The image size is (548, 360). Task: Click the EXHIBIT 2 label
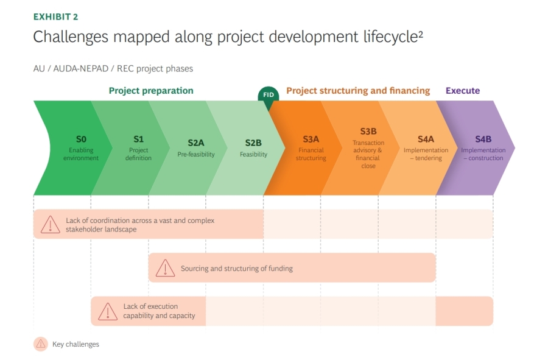point(55,16)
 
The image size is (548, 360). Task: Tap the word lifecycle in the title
point(385,37)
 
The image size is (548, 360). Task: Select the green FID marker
point(268,95)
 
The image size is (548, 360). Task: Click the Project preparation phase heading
point(151,91)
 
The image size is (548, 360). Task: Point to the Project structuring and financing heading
point(358,91)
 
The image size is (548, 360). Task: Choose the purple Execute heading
point(463,91)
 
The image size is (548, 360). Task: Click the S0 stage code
point(81,139)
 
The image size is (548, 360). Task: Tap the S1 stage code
point(138,139)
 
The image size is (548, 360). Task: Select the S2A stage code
point(196,143)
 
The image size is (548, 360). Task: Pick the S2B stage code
point(253,143)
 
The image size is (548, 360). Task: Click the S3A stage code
point(311,139)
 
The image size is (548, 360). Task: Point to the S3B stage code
point(368,131)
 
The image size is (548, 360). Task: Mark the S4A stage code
point(426,139)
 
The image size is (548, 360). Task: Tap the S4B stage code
point(483,139)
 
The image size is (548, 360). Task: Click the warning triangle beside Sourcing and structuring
point(165,268)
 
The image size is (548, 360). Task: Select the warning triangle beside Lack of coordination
point(50,224)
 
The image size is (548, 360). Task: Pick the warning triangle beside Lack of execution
point(108,311)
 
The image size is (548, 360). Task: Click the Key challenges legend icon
point(41,344)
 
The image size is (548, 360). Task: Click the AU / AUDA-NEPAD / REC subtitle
point(113,69)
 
